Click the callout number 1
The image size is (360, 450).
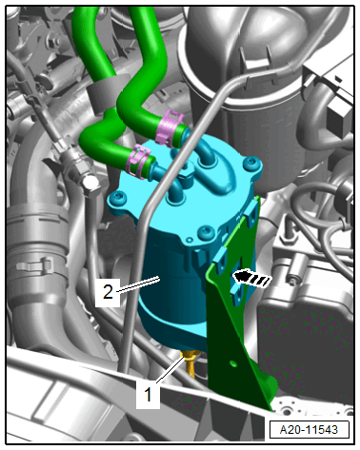pos(148,395)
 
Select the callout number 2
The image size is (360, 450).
pos(108,292)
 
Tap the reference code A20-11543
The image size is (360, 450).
pos(309,430)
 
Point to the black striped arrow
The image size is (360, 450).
pos(252,279)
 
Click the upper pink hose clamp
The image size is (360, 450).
pos(170,127)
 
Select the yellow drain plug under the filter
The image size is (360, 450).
pos(189,362)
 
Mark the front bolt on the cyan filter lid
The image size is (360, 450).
pos(206,233)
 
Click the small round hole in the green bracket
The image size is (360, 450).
pos(234,363)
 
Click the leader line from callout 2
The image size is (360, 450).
pos(138,284)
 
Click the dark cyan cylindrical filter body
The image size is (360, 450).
pos(171,298)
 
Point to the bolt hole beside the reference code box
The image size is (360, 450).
pos(288,412)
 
